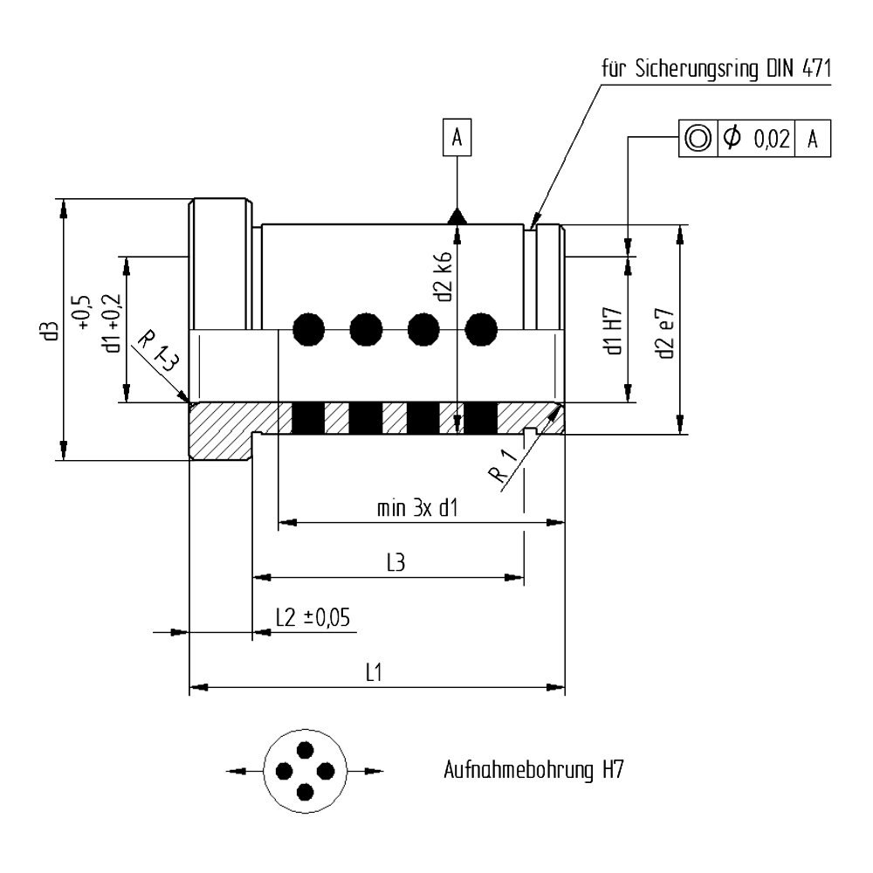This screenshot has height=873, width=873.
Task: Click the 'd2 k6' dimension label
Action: tap(445, 278)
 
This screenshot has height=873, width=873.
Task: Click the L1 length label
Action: tap(375, 673)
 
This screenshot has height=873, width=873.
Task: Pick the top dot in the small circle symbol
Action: tap(305, 750)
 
